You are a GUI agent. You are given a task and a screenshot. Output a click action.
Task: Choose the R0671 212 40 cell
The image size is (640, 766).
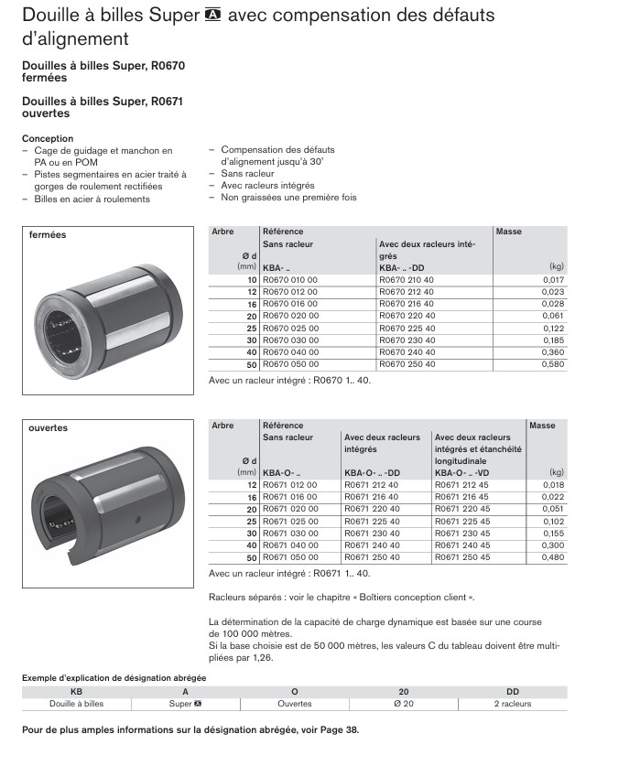tap(371, 485)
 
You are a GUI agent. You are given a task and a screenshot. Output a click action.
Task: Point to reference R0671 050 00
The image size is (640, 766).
tap(290, 556)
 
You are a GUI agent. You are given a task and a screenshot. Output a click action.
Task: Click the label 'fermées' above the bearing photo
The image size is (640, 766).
tap(48, 235)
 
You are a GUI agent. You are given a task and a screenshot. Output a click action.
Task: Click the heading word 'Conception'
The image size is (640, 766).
tap(48, 139)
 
